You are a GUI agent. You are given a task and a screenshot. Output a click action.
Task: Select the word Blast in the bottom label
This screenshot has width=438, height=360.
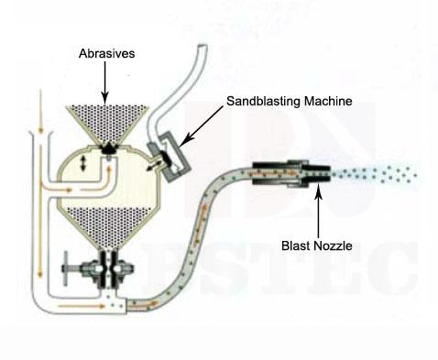(x=296, y=245)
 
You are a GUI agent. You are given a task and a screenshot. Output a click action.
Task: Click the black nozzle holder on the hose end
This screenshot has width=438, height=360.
(x=283, y=172)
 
